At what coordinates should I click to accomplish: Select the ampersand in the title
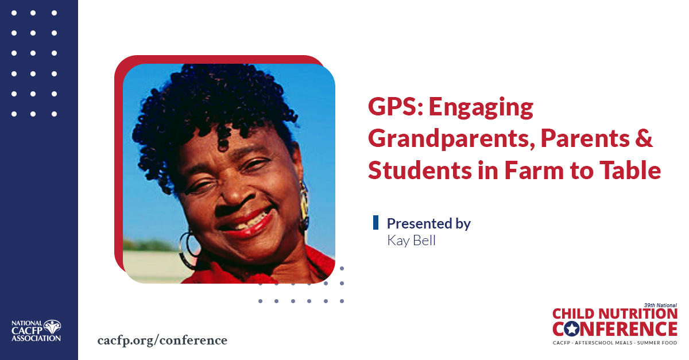click(x=644, y=138)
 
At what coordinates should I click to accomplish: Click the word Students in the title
click(x=420, y=170)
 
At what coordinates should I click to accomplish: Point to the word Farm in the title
click(x=534, y=170)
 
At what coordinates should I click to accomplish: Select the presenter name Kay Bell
click(x=411, y=241)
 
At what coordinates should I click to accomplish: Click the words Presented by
click(x=429, y=224)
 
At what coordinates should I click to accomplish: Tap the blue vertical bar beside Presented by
click(x=376, y=222)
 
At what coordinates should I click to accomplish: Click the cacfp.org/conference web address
click(x=162, y=340)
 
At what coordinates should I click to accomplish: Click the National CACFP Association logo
click(x=36, y=331)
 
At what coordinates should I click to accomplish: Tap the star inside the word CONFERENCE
click(x=572, y=329)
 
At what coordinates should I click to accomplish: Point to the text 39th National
click(x=660, y=305)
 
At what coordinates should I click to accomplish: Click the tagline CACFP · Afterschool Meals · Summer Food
click(x=615, y=343)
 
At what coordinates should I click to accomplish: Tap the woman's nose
click(x=237, y=192)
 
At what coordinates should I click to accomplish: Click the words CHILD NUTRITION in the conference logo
click(x=615, y=314)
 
